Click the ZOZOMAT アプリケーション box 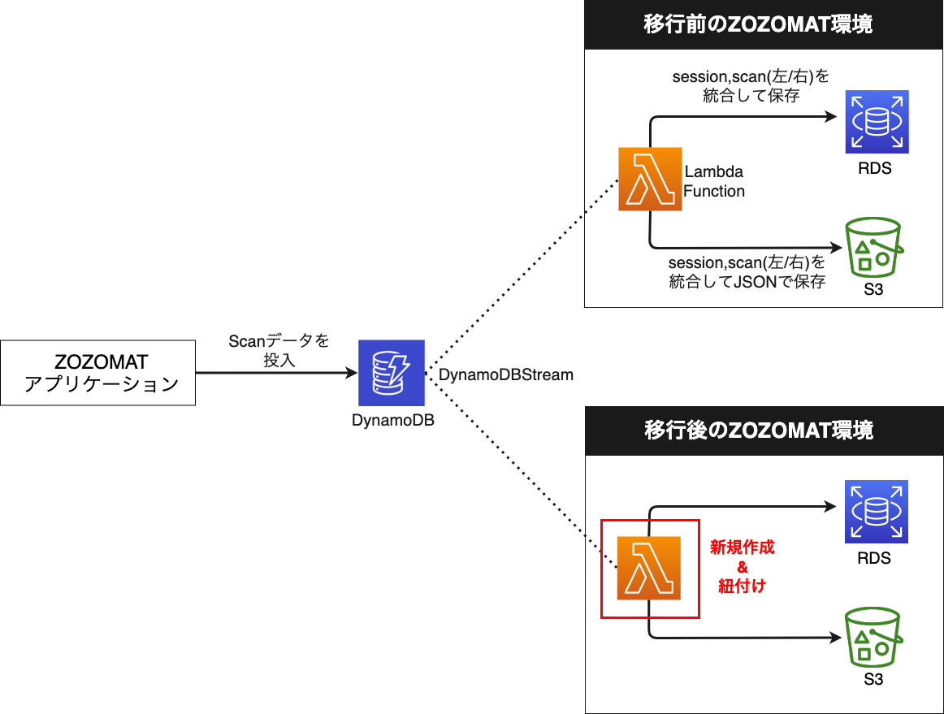[98, 373]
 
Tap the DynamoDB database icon [392, 373]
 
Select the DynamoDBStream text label [506, 374]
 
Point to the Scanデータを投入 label [279, 350]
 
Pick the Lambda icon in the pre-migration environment [650, 179]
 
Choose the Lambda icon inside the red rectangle [648, 568]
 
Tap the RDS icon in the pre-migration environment [876, 123]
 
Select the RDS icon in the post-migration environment [876, 511]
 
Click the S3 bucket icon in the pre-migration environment [873, 247]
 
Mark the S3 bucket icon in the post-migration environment [873, 637]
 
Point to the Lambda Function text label [714, 182]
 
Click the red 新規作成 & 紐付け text [742, 566]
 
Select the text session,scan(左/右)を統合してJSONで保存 [747, 273]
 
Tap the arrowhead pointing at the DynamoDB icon [352, 373]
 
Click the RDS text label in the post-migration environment [874, 558]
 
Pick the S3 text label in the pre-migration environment [873, 290]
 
